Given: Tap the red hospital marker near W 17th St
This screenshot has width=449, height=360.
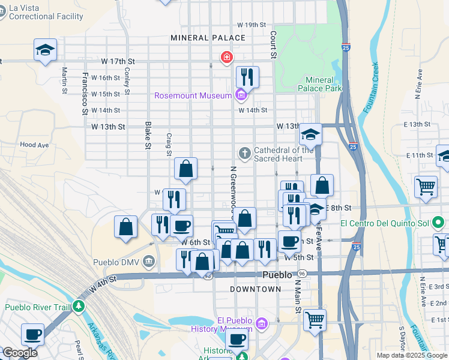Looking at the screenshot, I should pyautogui.click(x=226, y=58).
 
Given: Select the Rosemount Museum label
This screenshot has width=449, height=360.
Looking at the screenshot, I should pyautogui.click(x=193, y=95).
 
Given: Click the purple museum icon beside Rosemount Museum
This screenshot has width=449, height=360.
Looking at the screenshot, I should pyautogui.click(x=240, y=95).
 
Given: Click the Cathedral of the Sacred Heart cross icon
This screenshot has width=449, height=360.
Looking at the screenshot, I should pyautogui.click(x=244, y=154).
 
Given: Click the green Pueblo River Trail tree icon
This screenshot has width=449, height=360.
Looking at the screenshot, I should pyautogui.click(x=79, y=307).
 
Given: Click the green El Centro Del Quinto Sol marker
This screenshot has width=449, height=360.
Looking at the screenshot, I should pyautogui.click(x=439, y=224).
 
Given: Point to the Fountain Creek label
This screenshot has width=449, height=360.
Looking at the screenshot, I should pyautogui.click(x=374, y=81).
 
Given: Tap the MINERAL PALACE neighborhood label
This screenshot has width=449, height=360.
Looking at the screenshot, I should pyautogui.click(x=208, y=38).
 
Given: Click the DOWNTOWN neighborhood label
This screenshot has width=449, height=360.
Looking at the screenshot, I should pyautogui.click(x=256, y=289).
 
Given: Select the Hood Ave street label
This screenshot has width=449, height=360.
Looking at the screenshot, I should pyautogui.click(x=34, y=145).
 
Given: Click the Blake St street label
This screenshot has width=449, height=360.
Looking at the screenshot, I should pyautogui.click(x=147, y=135).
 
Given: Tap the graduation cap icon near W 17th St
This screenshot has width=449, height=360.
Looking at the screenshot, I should pyautogui.click(x=45, y=50).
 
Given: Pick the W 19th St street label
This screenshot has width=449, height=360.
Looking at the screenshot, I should pyautogui.click(x=251, y=25).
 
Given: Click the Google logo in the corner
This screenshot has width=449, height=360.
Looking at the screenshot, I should pyautogui.click(x=20, y=352).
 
